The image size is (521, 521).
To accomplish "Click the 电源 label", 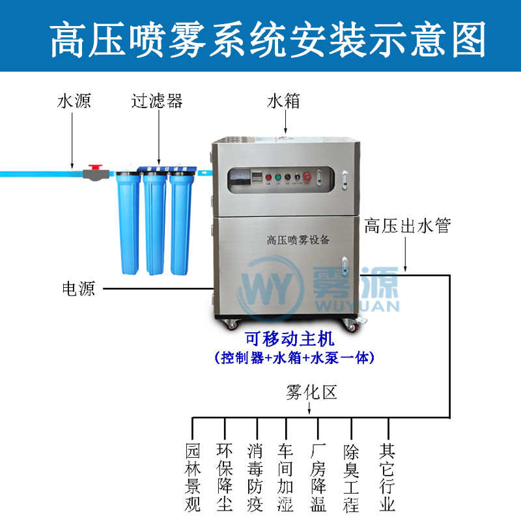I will (78, 289).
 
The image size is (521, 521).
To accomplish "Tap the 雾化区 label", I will (311, 392).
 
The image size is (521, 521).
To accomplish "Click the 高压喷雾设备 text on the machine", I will (298, 239).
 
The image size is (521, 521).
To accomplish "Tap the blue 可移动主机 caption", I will (289, 339).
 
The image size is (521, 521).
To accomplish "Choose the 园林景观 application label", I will (193, 477).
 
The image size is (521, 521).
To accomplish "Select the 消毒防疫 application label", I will (256, 477).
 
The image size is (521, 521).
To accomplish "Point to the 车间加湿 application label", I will (287, 477).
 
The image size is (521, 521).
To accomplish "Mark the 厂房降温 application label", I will (318, 477).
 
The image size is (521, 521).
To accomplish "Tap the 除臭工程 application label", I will (352, 477).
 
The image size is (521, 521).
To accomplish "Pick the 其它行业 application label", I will (388, 477).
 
